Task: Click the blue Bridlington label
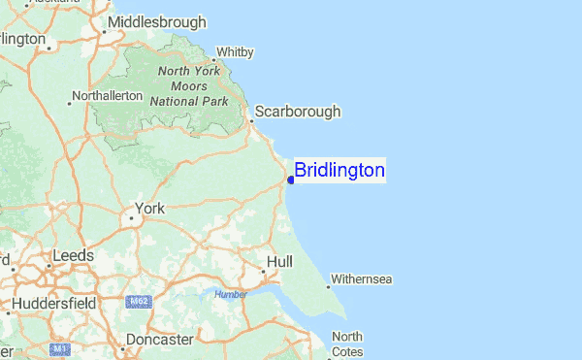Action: pos(339,171)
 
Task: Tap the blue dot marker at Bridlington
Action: pos(291,180)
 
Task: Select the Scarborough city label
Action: pos(297,112)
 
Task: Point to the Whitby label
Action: pos(235,51)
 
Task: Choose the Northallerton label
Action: pos(109,96)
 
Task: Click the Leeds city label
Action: pos(74,255)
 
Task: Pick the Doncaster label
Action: pos(159,340)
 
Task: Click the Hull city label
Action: pos(279,262)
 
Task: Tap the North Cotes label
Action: pos(347,344)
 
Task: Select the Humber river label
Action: pos(231,294)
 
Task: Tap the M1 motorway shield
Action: pos(60,347)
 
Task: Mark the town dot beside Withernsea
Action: pos(328,286)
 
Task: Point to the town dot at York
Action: pos(131,217)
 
